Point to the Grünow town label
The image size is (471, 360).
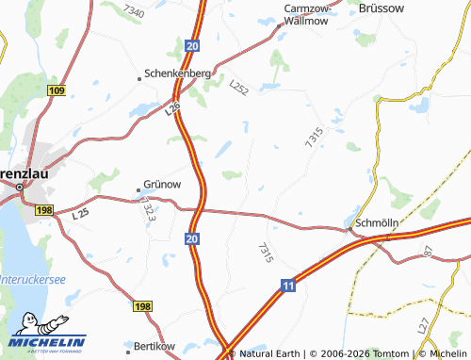(x=161, y=184)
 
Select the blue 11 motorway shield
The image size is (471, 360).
(x=288, y=284)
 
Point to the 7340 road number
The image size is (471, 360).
(x=134, y=13)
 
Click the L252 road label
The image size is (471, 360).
(x=240, y=87)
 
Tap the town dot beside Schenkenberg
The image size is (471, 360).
(x=140, y=73)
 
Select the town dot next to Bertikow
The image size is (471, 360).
(x=125, y=346)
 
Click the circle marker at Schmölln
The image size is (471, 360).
(x=350, y=227)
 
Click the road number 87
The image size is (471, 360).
(x=428, y=252)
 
